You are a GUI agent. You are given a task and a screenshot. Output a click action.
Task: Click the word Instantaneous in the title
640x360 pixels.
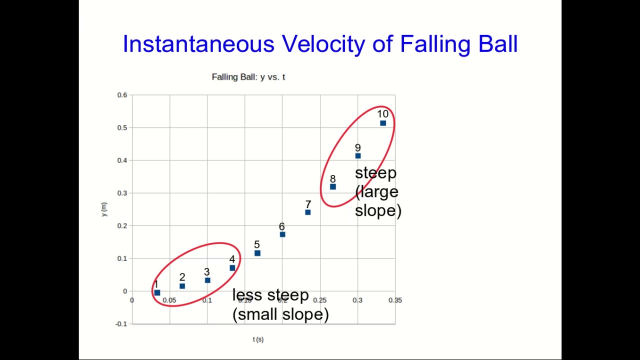(198, 44)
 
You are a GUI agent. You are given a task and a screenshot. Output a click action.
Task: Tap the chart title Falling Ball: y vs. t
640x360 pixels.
(248, 77)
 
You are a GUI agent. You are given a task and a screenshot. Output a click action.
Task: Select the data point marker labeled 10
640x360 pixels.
(383, 123)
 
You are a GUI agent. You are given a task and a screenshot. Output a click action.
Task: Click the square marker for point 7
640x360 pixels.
(308, 212)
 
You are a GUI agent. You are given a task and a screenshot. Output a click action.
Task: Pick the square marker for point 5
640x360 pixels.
(257, 253)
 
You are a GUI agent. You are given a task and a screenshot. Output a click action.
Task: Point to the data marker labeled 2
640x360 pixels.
(182, 286)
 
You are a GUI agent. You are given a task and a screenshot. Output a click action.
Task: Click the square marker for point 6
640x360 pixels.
(282, 234)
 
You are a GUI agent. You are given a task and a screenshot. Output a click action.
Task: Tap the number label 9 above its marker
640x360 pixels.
(357, 148)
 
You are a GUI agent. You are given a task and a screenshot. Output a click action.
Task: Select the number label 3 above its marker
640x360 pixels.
(206, 272)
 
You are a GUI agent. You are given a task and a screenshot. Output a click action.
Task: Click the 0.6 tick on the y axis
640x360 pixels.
(122, 95)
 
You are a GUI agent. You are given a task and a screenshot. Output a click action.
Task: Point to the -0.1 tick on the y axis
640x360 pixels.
(121, 324)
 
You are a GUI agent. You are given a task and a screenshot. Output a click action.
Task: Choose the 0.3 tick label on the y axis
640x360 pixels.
(122, 193)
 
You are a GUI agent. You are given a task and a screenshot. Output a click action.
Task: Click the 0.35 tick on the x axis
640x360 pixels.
(395, 300)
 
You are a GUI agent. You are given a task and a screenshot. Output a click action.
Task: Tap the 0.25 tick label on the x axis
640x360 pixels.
(320, 300)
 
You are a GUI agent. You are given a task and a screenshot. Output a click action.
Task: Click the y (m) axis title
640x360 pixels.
(104, 209)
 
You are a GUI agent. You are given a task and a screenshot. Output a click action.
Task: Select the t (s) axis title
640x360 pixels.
(258, 339)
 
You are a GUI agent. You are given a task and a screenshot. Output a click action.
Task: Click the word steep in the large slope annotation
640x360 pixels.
(375, 173)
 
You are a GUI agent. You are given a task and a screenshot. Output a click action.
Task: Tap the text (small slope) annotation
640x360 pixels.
(280, 314)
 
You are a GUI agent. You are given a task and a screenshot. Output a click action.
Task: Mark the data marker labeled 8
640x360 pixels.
(333, 187)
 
